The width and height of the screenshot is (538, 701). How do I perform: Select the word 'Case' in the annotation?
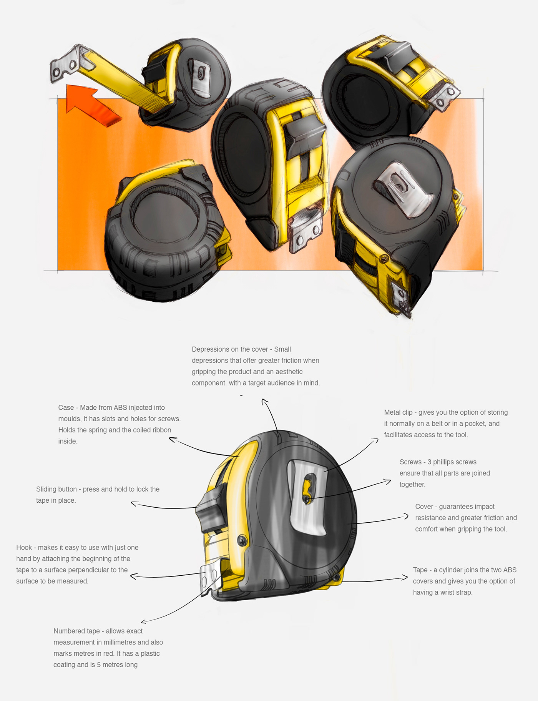pyautogui.click(x=66, y=408)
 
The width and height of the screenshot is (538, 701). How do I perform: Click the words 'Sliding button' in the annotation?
pyautogui.click(x=56, y=489)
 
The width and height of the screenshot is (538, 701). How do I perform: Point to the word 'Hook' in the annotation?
pyautogui.click(x=24, y=548)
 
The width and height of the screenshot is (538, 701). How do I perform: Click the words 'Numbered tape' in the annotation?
pyautogui.click(x=76, y=631)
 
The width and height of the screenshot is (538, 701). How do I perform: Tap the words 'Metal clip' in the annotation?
pyautogui.click(x=398, y=412)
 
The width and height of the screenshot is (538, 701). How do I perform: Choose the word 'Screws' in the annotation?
pyautogui.click(x=410, y=462)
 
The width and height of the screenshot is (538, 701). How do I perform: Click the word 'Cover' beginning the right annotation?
pyautogui.click(x=424, y=507)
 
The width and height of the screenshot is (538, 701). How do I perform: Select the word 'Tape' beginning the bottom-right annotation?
pyautogui.click(x=420, y=570)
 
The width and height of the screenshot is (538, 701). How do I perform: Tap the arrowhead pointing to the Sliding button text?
pyautogui.click(x=134, y=503)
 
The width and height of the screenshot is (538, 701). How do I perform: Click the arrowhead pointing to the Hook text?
pyautogui.click(x=133, y=576)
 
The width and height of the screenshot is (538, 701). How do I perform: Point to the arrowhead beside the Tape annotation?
pyautogui.click(x=405, y=577)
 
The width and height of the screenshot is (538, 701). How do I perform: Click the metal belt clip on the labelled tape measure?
pyautogui.click(x=307, y=496)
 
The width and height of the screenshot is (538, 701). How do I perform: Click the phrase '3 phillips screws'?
pyautogui.click(x=452, y=462)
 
